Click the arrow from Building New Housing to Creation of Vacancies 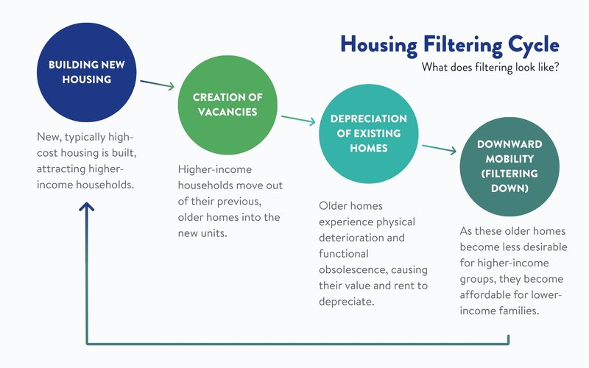tap(156, 84)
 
